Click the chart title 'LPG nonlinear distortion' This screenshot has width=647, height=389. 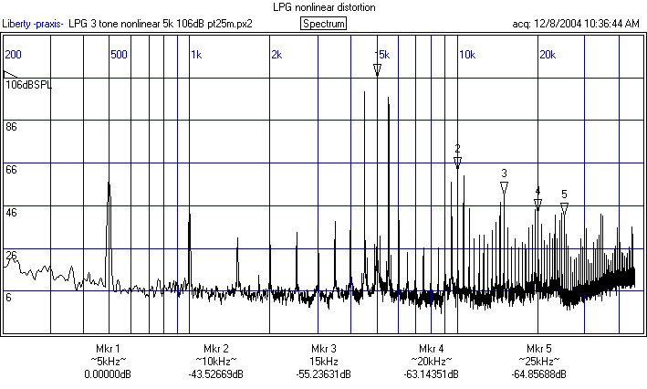click(x=323, y=7)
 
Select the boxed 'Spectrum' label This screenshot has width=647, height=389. click(x=323, y=23)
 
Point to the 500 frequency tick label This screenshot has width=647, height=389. click(x=119, y=55)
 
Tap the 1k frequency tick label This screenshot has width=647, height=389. click(x=196, y=55)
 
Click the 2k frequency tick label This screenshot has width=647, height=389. click(x=277, y=55)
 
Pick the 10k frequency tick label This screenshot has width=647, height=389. click(x=466, y=55)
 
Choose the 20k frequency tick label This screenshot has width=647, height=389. click(x=547, y=55)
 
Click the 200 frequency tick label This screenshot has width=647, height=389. click(x=13, y=55)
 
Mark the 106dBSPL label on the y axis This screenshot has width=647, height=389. click(x=29, y=85)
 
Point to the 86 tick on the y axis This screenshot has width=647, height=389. click(x=12, y=127)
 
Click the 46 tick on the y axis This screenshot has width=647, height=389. click(x=12, y=212)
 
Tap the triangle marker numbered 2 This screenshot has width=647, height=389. click(x=457, y=163)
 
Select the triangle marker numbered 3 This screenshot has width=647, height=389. click(x=504, y=188)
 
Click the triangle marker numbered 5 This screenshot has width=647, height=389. click(x=564, y=208)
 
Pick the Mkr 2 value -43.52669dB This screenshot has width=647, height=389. click(x=215, y=374)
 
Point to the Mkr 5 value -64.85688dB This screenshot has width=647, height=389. click(x=538, y=374)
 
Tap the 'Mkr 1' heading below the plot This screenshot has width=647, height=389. click(x=108, y=349)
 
